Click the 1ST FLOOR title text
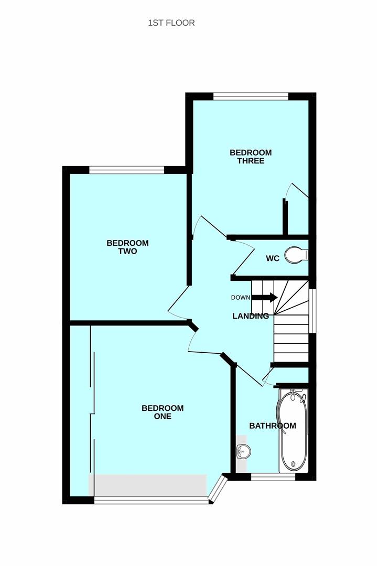171,23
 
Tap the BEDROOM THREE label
251,157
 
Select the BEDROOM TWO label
127,247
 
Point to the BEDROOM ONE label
163,412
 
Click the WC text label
273,258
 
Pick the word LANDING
251,316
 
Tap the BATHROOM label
273,426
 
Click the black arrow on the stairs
264,298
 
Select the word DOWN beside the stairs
241,298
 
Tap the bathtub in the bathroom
293,431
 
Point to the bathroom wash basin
243,451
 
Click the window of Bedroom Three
251,96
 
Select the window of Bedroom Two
126,170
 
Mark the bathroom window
273,477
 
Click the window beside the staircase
312,310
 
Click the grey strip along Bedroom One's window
148,485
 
